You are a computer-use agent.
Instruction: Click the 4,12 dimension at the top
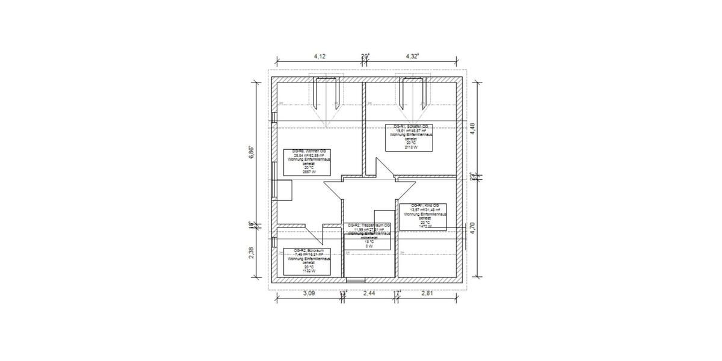pos(320,56)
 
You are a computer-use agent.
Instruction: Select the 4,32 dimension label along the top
pos(412,56)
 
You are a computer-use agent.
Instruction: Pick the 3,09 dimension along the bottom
pos(308,293)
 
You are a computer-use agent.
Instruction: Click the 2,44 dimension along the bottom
pos(370,293)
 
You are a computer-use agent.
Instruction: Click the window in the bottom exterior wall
pos(356,280)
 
